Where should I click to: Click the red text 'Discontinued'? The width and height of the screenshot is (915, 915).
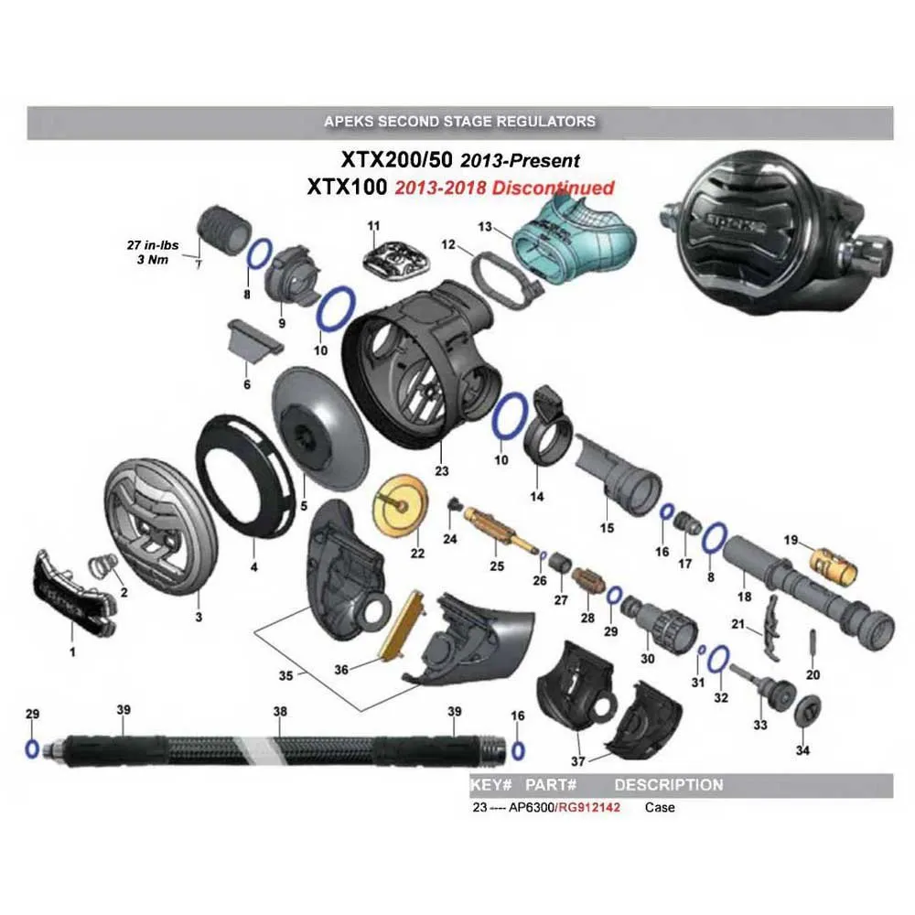[553, 188]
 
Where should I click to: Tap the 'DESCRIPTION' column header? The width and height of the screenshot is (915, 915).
[668, 785]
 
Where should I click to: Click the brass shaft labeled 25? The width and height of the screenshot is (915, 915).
[500, 531]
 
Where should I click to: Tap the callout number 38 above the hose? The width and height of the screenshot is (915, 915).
[280, 710]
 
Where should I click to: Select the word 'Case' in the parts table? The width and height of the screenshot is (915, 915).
[660, 808]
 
